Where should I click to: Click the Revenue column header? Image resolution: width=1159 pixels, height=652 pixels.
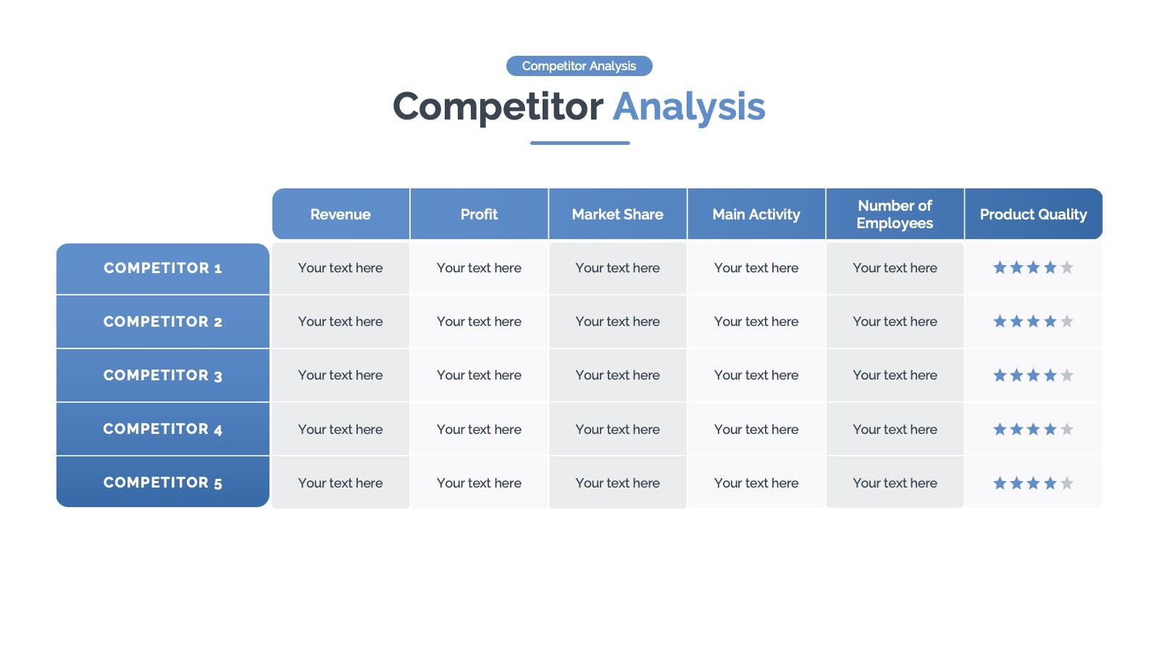(340, 214)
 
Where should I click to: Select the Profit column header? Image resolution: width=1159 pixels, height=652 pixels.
(479, 214)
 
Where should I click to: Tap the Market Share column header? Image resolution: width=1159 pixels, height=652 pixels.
(618, 214)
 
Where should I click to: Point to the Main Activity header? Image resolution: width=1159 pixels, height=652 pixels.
(756, 214)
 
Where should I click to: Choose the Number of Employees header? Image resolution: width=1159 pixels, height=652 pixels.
(895, 214)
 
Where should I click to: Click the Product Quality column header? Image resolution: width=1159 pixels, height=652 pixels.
(1034, 214)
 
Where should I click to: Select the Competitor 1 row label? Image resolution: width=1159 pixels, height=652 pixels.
(163, 269)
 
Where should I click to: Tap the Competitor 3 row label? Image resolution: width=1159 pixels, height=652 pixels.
(163, 375)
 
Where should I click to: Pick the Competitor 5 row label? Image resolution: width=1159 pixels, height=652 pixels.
(163, 482)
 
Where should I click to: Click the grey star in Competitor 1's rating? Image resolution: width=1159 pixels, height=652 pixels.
(1067, 267)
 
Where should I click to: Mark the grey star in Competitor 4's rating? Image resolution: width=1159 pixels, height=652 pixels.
(1067, 429)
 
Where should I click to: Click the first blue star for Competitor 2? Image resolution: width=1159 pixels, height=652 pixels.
(1000, 322)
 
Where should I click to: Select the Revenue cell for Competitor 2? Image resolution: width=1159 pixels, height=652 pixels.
(340, 322)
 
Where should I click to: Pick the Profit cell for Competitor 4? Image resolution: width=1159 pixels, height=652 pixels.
(479, 429)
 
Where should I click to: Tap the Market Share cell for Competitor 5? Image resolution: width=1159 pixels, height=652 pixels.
(618, 482)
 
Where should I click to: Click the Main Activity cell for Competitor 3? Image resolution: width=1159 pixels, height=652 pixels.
(756, 375)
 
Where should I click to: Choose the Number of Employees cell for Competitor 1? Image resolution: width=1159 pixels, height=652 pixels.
(895, 268)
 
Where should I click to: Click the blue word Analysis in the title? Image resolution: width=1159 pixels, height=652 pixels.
(689, 107)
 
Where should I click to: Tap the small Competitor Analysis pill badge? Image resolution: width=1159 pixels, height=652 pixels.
(579, 66)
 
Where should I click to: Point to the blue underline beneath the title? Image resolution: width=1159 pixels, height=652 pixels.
(580, 143)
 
